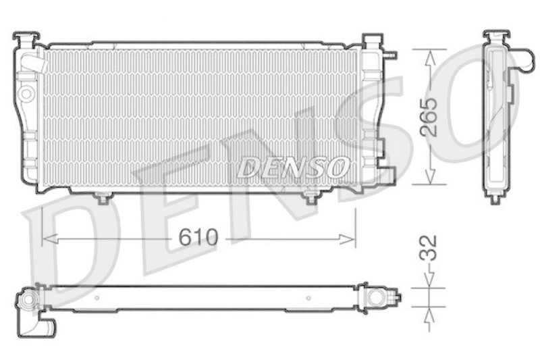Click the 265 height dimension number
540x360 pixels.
(x=429, y=117)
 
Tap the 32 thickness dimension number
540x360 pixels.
(x=429, y=247)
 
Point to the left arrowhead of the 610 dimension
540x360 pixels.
(x=50, y=238)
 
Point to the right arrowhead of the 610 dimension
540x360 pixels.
(x=347, y=238)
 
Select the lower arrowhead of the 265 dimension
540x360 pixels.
(x=429, y=176)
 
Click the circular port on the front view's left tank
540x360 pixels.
(x=27, y=93)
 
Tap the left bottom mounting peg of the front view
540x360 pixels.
(x=103, y=198)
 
